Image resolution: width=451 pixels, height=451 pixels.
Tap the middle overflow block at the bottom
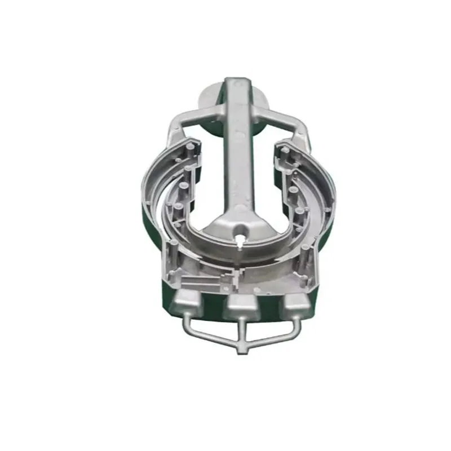(241, 307)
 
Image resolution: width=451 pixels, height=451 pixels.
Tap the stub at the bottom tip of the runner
(242, 348)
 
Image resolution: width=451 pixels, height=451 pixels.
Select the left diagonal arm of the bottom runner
(211, 336)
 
